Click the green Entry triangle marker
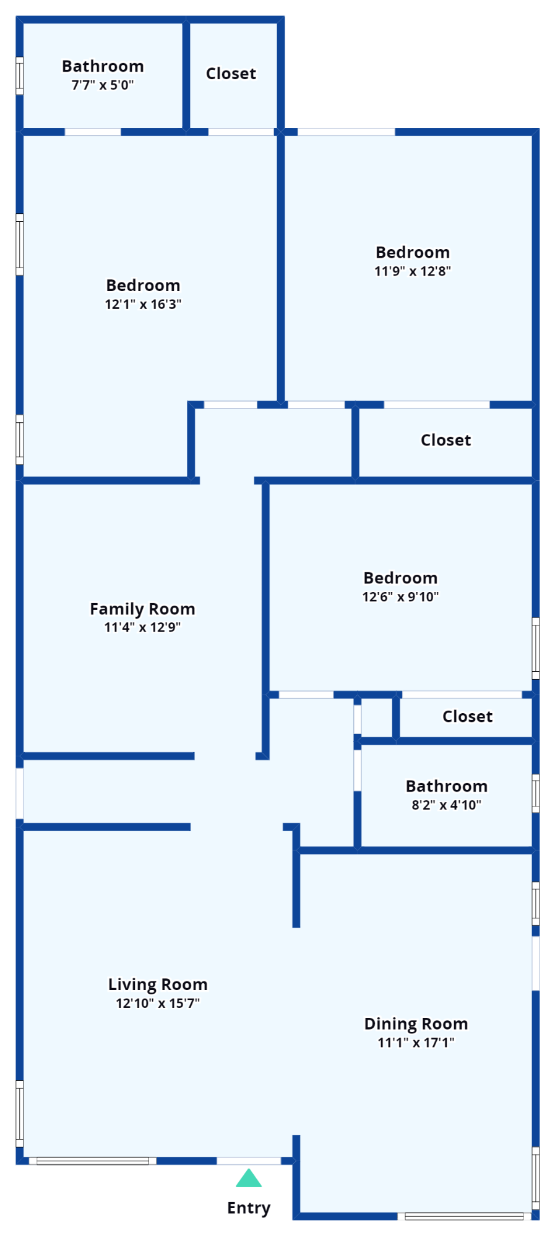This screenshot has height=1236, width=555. pos(249,1179)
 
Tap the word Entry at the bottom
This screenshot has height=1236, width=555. pos(249,1208)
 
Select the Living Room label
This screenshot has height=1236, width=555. pos(158,984)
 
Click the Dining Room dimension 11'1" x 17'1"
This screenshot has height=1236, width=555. pos(416,1043)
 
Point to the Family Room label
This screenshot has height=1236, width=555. pos(142,609)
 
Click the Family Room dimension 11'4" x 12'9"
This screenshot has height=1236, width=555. pos(142,627)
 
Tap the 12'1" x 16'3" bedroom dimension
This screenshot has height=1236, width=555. pos(143,304)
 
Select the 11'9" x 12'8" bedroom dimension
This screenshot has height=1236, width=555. pos(413,271)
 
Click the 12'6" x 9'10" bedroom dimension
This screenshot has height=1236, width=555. pos(400,596)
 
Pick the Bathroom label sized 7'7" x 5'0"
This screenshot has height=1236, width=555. pos(103,66)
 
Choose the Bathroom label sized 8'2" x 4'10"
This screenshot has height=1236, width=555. pos(447,786)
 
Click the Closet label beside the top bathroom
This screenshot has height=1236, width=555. pos(231,74)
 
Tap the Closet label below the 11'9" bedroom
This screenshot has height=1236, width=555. pos(445,440)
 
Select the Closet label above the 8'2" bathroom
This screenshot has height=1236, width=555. pos(467,716)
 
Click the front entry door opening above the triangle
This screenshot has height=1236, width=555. pos(249,1161)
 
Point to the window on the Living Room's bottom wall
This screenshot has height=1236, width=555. pos(93,1161)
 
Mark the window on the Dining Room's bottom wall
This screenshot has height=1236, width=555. pos(464,1216)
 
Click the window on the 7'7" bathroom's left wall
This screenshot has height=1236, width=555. pos(19,76)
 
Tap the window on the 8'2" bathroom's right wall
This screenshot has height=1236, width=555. pos(536,794)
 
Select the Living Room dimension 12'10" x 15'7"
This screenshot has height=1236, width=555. pos(158,1003)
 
